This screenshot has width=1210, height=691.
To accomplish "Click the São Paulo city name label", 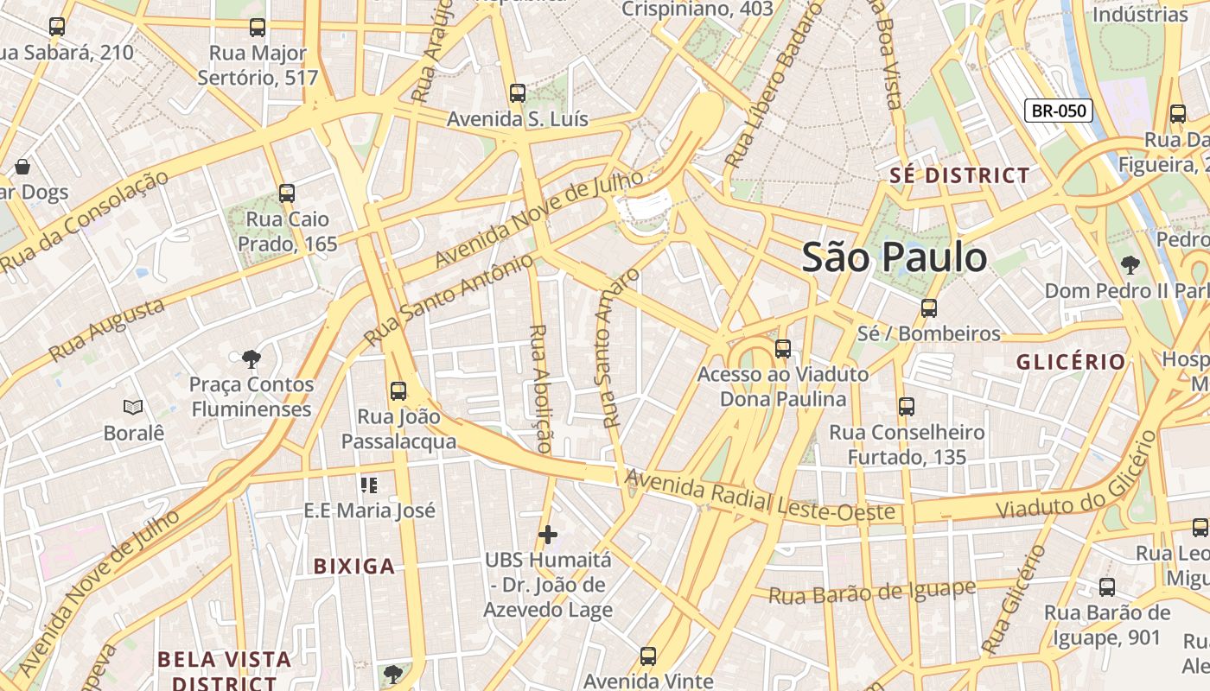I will coord(894,257).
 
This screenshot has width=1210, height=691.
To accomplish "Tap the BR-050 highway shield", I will coord(1059,111).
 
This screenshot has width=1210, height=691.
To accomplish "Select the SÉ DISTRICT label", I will coord(960,175).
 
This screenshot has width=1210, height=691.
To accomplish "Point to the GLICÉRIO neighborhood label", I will coord(1071,362).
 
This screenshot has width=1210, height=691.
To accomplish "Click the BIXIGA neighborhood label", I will coord(353,567).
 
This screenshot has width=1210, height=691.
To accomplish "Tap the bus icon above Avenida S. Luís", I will coord(518,93).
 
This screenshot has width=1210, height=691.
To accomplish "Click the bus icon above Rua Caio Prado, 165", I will coord(287,193).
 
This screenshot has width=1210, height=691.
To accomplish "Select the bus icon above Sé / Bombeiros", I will coord(929,307).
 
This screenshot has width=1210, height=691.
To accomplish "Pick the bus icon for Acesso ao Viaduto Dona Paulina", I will coord(783,349).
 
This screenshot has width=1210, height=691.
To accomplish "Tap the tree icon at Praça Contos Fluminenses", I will coord(252,358).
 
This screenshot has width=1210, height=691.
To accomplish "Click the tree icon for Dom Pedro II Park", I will coord(1129,265).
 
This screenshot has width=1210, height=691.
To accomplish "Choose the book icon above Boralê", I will coord(133,407).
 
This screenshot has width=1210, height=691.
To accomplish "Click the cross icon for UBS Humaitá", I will coord(548,536).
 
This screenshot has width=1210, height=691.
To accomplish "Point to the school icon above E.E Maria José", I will coord(369,485).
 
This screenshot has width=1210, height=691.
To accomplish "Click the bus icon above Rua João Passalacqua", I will coord(398,390).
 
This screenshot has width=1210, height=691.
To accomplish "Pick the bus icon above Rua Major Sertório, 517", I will coord(258,27).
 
